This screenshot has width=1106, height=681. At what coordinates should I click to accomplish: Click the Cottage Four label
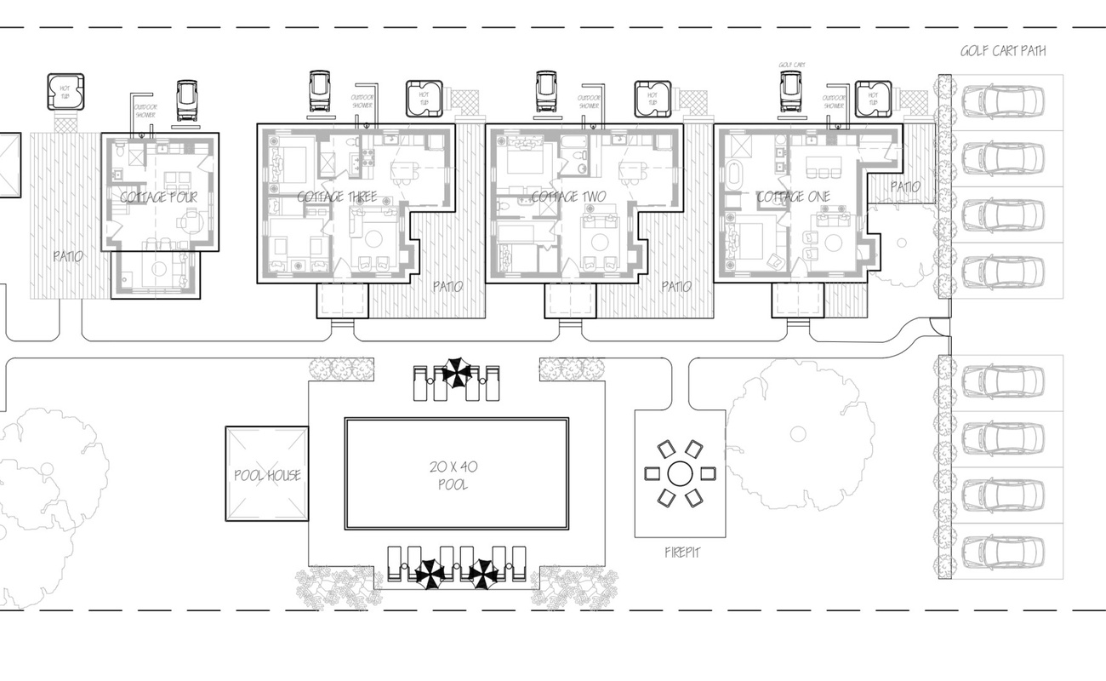158,197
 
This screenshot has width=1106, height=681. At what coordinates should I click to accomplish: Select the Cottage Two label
568,197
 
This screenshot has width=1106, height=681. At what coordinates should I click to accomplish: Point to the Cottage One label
793,197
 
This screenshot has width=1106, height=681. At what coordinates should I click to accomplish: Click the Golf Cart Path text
1003,51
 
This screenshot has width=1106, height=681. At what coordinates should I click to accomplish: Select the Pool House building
267,474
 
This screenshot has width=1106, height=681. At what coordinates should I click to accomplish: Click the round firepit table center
679,472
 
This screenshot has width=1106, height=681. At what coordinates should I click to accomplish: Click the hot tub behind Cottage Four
66,91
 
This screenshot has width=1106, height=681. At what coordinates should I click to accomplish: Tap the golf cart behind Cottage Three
320,91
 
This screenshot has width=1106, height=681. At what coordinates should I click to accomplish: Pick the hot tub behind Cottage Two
653,99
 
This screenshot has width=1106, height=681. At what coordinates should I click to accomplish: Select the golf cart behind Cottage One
792,93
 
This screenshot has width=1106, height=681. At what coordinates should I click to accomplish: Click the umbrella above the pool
457,372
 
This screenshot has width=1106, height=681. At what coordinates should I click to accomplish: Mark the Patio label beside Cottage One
904,186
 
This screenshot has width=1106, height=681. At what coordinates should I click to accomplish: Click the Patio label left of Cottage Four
68,255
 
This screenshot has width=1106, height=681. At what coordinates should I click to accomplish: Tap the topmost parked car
1002,102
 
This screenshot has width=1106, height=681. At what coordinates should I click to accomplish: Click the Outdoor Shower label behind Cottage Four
145,111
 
